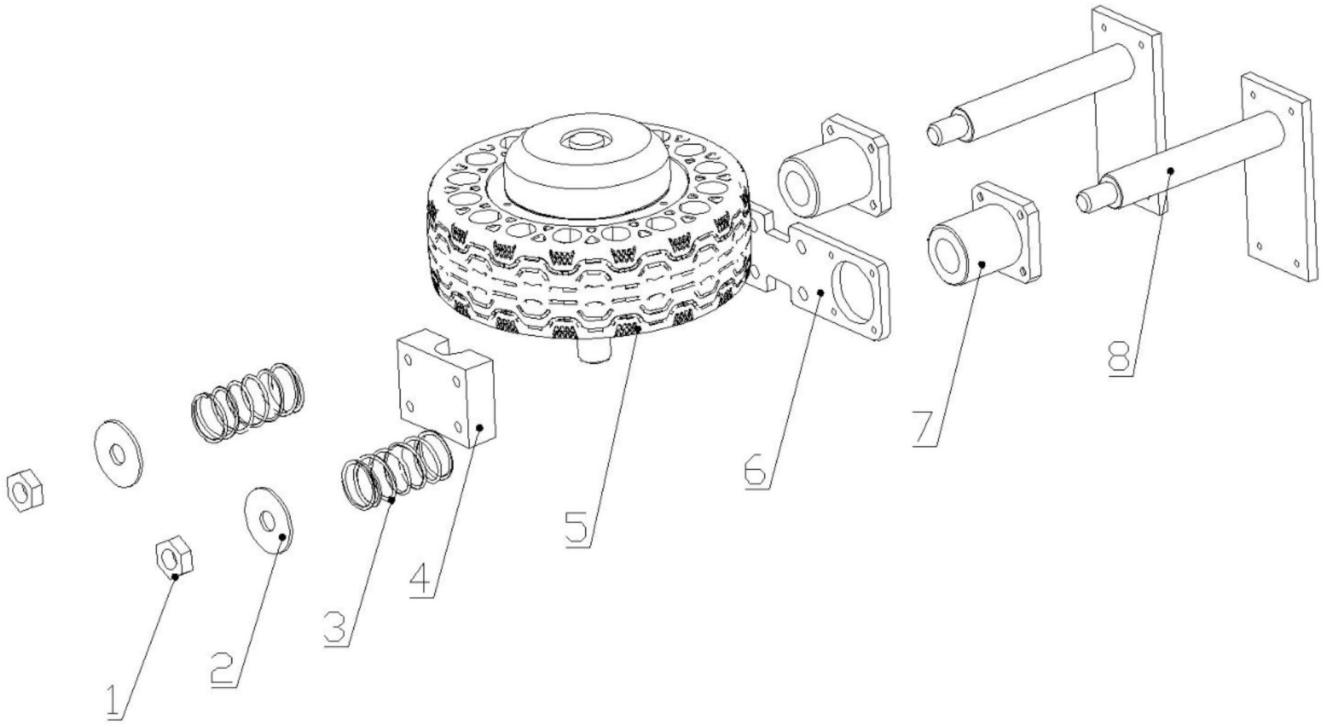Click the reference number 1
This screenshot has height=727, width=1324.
114,703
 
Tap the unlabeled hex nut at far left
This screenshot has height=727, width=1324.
24,490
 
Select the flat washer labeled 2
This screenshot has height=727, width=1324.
268,521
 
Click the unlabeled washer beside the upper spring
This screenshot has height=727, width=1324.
118,454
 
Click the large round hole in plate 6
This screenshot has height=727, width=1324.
857,290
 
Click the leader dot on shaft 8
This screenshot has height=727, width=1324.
1169,171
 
